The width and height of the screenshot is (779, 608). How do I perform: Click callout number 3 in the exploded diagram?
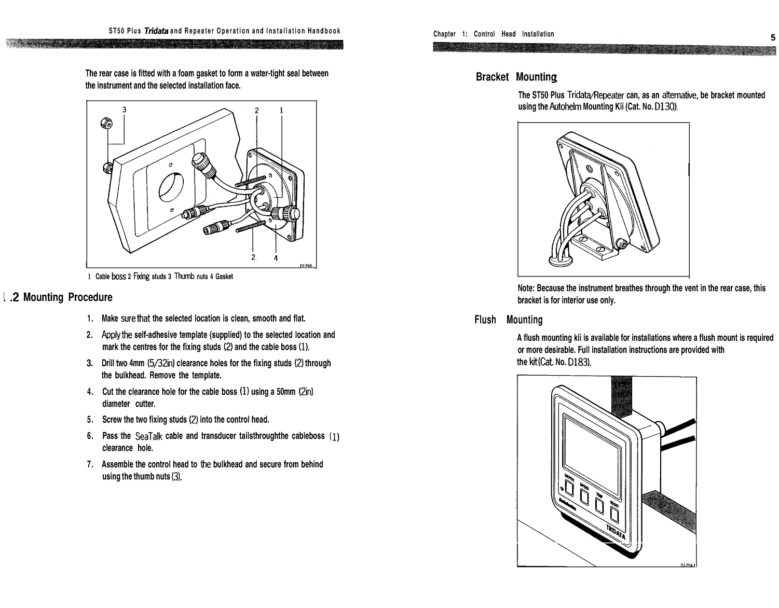(124, 109)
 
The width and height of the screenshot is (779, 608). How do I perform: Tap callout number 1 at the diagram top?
(281, 110)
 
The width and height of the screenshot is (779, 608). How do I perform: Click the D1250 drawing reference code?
(307, 267)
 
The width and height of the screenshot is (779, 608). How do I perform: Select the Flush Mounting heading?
(509, 320)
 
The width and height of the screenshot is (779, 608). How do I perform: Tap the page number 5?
(772, 37)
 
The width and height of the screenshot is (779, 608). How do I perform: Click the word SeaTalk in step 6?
(149, 436)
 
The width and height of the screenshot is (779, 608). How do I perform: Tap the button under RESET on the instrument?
(614, 515)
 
